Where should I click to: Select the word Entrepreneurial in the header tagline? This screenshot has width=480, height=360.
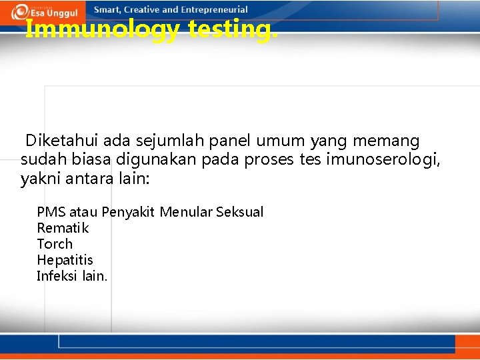coord(213,10)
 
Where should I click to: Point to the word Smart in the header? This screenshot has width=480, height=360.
coord(107,10)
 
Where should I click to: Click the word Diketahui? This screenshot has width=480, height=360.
coord(55,141)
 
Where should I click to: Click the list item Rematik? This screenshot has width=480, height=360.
coord(63,228)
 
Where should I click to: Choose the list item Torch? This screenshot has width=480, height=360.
coord(55,244)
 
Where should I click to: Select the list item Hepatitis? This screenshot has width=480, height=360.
coord(65,260)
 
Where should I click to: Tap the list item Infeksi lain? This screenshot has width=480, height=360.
coord(72,276)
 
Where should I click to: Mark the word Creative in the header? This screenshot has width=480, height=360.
coord(141,10)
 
